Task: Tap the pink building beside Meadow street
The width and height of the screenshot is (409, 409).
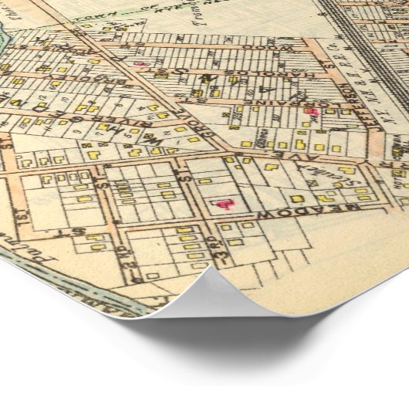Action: click(x=225, y=204)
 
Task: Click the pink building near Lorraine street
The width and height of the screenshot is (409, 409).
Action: click(x=311, y=113)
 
